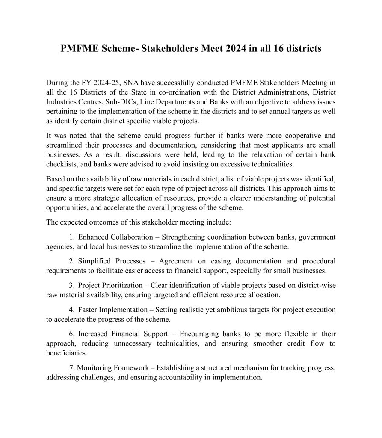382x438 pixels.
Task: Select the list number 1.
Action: point(71,237)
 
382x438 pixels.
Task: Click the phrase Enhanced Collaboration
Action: point(115,237)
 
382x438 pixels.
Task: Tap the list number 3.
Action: point(71,285)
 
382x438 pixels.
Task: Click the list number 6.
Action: point(71,334)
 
